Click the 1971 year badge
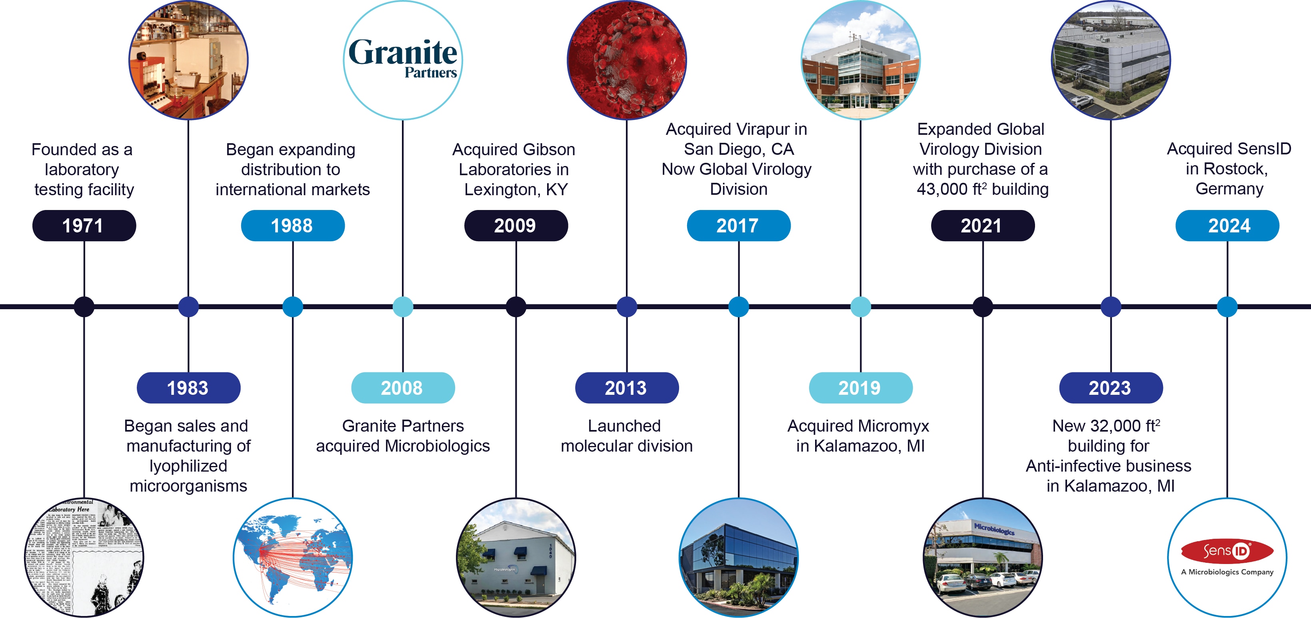click(84, 226)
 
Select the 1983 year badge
click(188, 388)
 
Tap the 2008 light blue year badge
click(403, 388)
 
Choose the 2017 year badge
click(738, 226)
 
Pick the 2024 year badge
click(1227, 226)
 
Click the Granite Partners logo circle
click(403, 60)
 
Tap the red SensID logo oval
click(1227, 551)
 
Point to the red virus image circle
click(626, 60)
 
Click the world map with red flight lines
click(293, 558)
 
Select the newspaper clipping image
click(84, 558)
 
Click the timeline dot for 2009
click(516, 307)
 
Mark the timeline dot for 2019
click(861, 307)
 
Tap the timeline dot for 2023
click(1111, 307)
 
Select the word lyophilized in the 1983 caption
click(188, 466)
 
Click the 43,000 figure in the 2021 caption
click(941, 189)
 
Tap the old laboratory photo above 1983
click(188, 60)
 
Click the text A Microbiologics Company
click(1227, 572)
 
